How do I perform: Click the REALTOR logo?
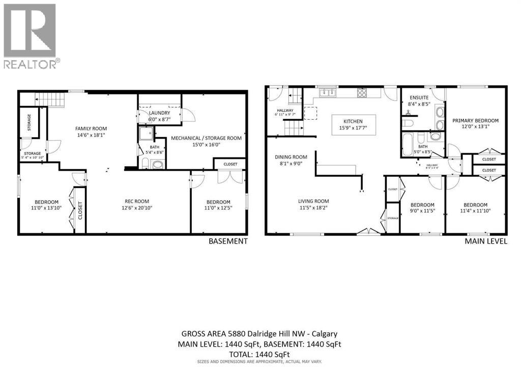click(31, 36)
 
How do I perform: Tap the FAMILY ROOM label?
click(91, 128)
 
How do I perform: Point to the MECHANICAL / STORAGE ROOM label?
click(206, 138)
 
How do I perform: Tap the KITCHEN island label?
click(353, 121)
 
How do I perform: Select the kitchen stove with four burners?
click(362, 93)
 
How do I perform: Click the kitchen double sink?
click(326, 93)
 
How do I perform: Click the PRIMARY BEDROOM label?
click(475, 121)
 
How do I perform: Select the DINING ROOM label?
click(291, 157)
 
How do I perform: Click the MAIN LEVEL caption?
click(485, 241)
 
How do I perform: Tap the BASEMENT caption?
click(228, 241)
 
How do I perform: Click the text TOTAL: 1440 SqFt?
click(260, 354)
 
